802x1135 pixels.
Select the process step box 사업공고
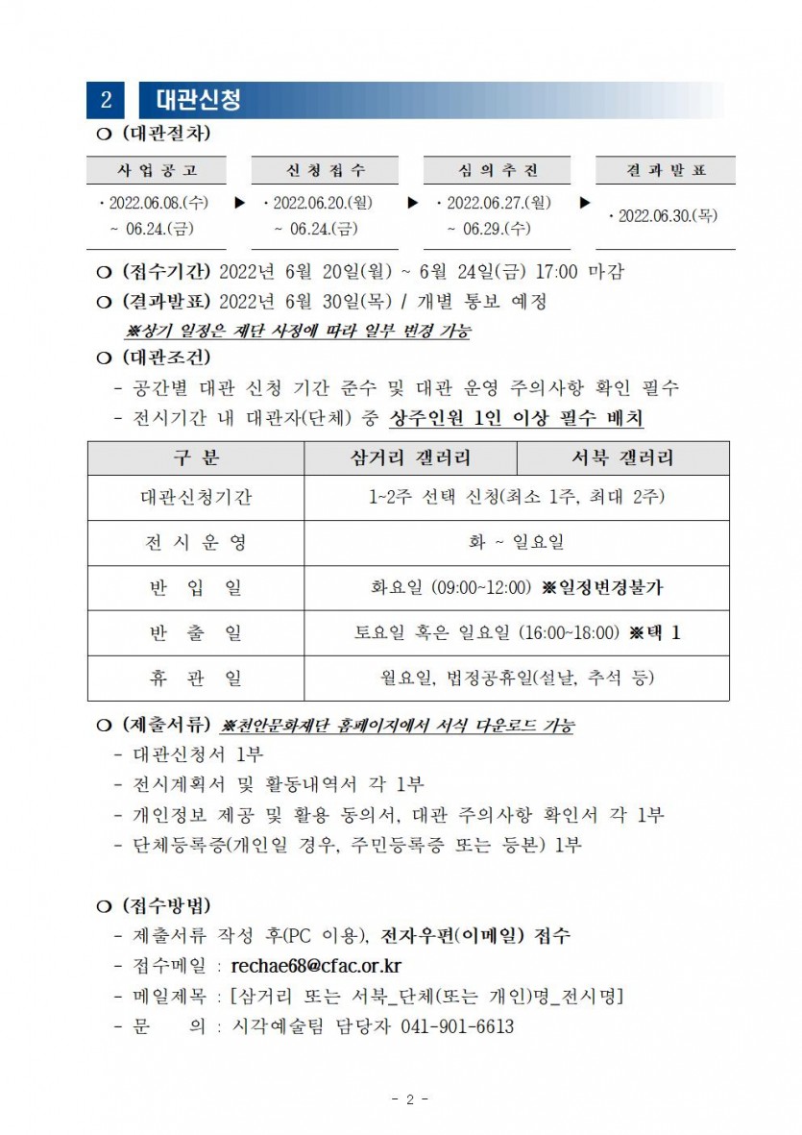coord(158,170)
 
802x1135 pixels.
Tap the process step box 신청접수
coord(326,170)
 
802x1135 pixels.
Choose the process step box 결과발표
coord(665,170)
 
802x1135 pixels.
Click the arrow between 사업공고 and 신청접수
coord(239,204)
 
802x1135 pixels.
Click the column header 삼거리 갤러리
coord(410,457)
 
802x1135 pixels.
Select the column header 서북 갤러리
coord(621,457)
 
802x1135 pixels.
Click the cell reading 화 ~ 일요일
coord(516,542)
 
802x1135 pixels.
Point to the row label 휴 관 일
coord(196,679)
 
